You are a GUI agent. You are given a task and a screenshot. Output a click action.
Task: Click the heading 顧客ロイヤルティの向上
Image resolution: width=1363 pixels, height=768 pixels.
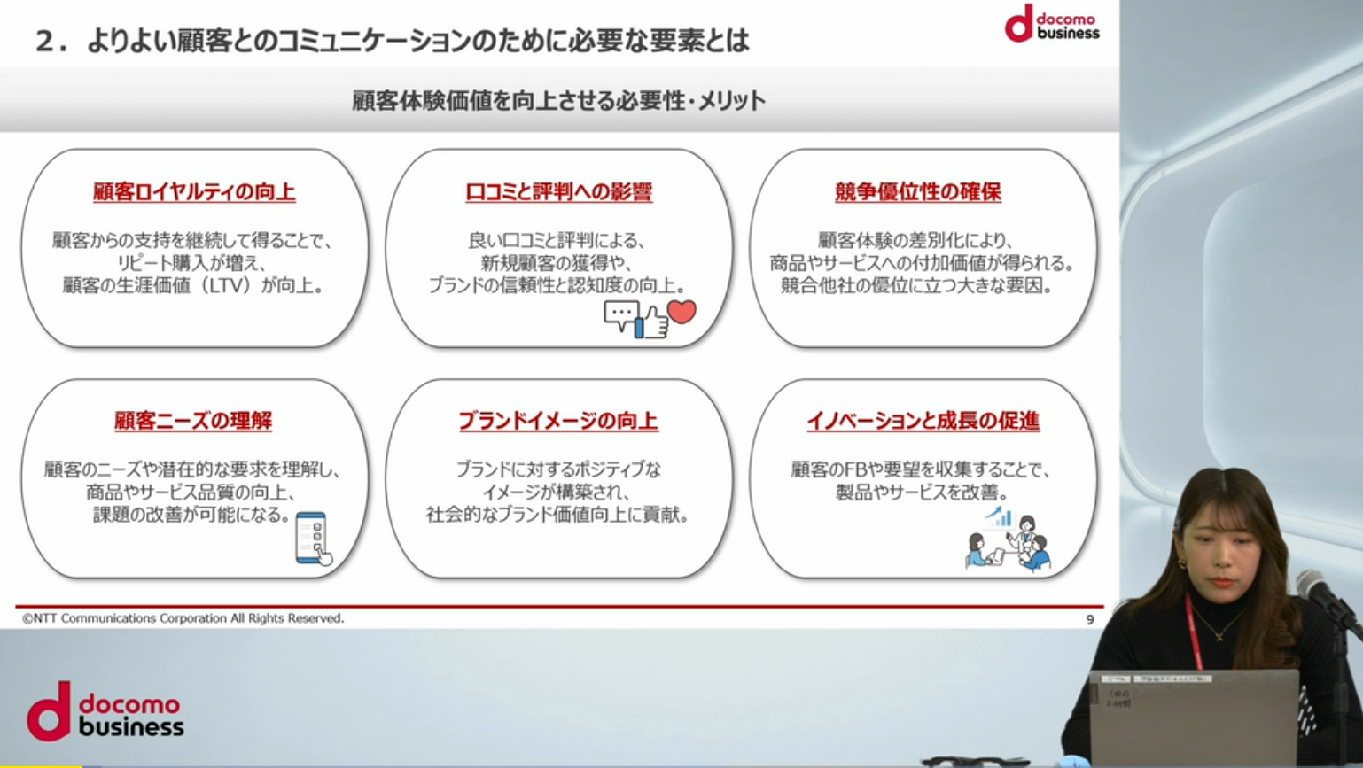(x=194, y=191)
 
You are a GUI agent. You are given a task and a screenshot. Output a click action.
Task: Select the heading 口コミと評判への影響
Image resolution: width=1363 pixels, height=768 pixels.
(x=558, y=191)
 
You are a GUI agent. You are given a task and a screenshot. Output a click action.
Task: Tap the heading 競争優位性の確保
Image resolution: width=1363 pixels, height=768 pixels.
(x=917, y=191)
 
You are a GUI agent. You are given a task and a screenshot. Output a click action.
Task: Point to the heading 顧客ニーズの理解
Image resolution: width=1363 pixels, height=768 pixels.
(x=193, y=420)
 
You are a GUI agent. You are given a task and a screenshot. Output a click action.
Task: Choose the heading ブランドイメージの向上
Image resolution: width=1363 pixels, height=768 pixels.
(x=558, y=420)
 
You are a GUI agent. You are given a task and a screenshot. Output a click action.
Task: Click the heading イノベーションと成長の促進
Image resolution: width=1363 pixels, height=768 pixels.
(x=923, y=420)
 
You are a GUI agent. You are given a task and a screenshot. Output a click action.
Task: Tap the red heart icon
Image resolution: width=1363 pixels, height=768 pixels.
(x=681, y=312)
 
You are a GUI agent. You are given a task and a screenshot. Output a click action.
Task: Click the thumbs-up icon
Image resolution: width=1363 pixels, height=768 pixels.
(x=651, y=322)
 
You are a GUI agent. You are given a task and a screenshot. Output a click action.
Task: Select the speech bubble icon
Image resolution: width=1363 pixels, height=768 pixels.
(x=621, y=315)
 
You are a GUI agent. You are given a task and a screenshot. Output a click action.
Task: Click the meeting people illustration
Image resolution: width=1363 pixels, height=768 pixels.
(x=1008, y=541)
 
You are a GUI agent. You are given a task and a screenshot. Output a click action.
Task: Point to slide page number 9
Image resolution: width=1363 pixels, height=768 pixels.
(x=1090, y=620)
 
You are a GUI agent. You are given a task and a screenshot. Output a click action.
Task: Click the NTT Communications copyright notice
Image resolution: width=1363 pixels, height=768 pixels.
(x=183, y=618)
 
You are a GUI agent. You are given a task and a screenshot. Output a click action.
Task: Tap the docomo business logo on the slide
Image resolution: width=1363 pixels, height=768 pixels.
(x=1052, y=23)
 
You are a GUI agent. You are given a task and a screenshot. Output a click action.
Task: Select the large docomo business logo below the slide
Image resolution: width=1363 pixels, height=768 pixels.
(x=105, y=711)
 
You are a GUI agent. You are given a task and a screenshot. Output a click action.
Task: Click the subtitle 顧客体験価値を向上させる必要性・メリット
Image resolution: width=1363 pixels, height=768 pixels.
(x=558, y=100)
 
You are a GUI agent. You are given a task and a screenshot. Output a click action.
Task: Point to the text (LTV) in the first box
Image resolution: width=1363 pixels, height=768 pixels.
(x=224, y=285)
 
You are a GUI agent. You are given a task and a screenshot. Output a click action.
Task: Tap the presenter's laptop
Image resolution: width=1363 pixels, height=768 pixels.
(x=1194, y=718)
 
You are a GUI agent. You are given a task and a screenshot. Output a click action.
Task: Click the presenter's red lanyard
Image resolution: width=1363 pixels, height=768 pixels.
(x=1193, y=632)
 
